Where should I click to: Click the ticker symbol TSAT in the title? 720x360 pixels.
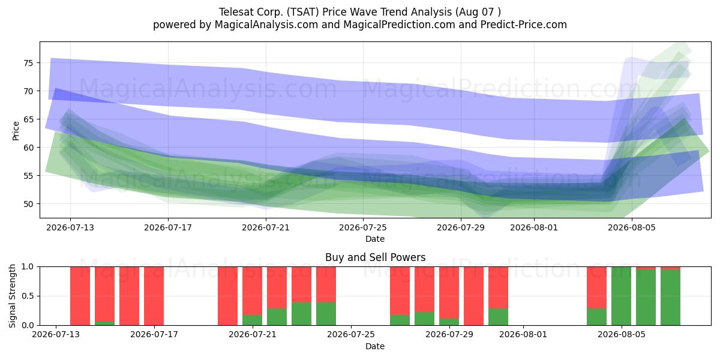coord(304,12)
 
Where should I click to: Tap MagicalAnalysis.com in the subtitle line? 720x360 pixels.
coord(266,25)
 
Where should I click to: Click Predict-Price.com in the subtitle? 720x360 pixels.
coord(524,25)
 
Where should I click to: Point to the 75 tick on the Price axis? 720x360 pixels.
coord(28,63)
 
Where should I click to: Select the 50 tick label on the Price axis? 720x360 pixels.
coord(28,204)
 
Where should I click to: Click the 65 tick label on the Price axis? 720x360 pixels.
coord(28,119)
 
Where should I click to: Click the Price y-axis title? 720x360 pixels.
coord(16,131)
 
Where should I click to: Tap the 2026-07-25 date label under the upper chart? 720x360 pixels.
coord(363,227)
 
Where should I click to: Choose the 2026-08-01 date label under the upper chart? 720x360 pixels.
coord(534,227)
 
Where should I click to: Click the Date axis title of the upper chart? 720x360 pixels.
coord(375,239)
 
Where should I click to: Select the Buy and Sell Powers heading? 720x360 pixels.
coord(375,257)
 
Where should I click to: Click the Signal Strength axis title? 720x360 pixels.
coord(12,296)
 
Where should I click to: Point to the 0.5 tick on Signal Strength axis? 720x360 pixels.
coord(28,296)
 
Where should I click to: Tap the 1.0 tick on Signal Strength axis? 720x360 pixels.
coord(28,267)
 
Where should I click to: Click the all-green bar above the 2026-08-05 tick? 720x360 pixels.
coord(621,296)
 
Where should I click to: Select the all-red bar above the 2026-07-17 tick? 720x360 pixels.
coord(154,296)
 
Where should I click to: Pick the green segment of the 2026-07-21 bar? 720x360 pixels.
coord(253,320)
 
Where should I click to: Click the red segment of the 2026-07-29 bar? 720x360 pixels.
coord(449,293)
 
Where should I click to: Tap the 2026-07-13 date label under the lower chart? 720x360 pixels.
coord(56,335)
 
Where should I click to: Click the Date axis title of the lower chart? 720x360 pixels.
coord(375,346)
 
